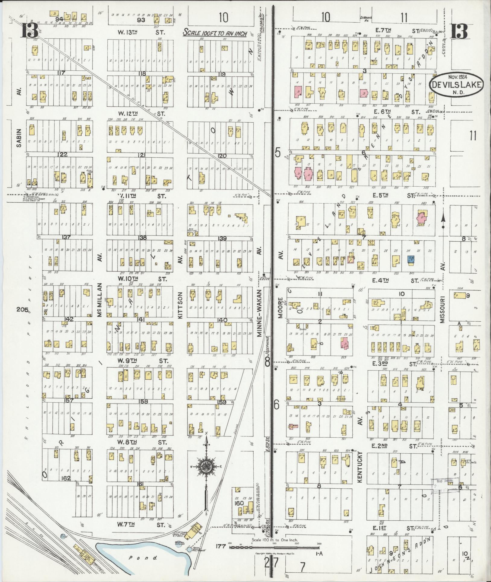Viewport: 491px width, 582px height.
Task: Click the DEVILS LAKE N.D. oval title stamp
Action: (x=456, y=84)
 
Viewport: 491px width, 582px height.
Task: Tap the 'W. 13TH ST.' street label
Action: (x=141, y=32)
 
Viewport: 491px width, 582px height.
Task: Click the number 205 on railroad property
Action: (x=22, y=310)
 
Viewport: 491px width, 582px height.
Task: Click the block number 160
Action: (x=239, y=503)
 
